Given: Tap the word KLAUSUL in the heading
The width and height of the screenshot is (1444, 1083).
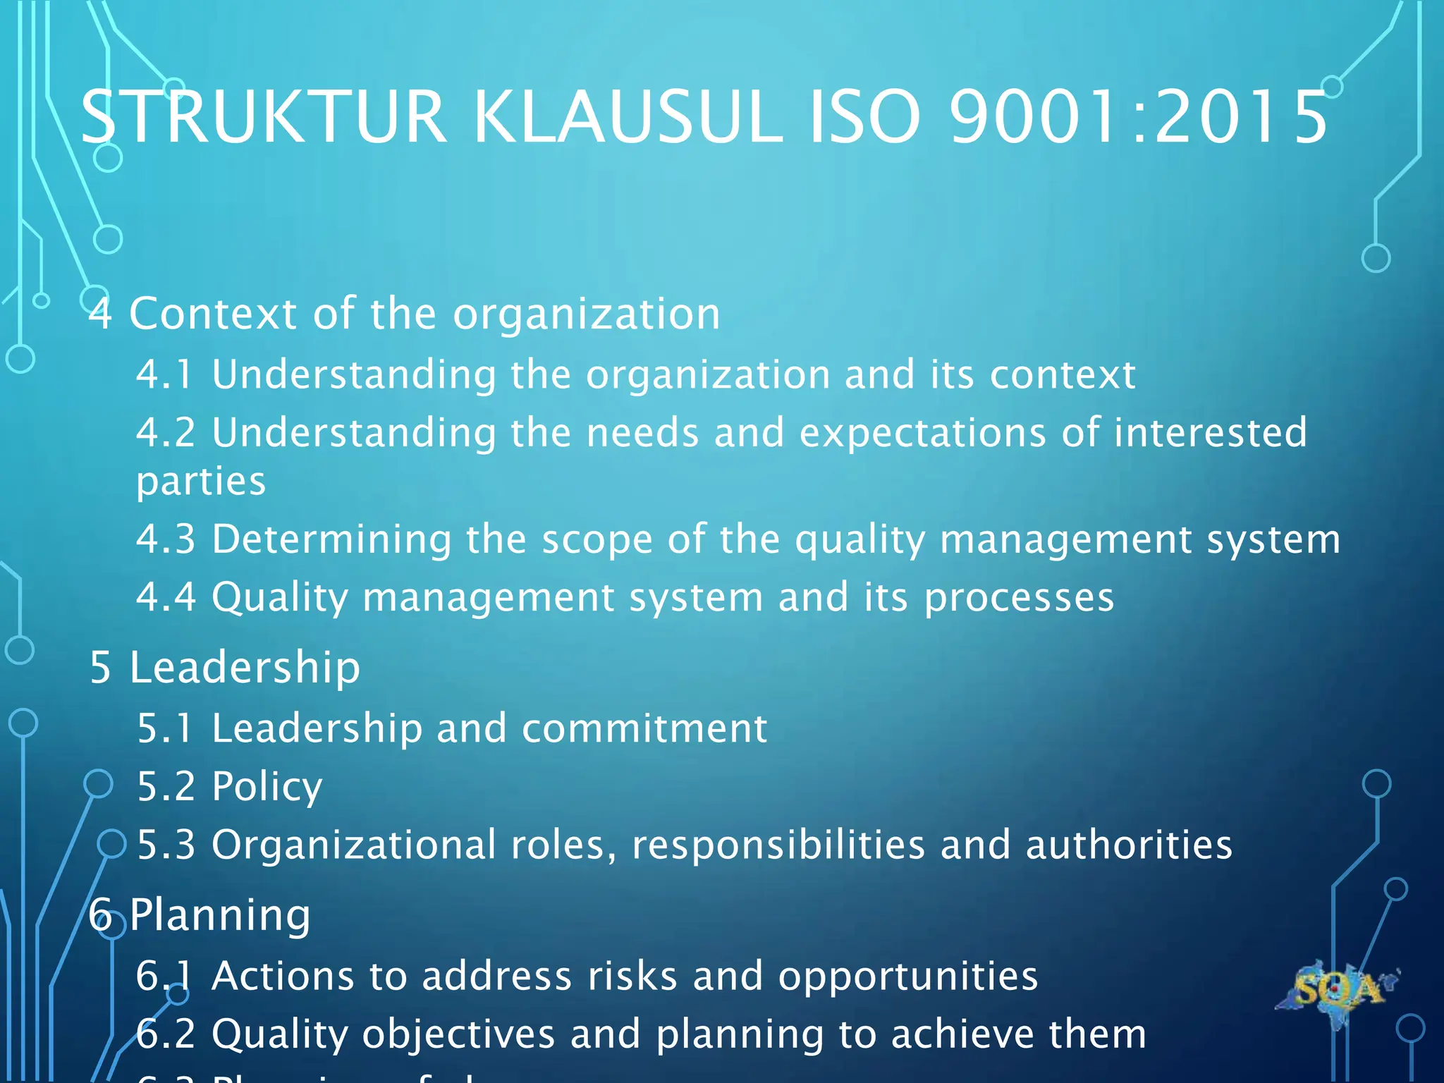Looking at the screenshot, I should [628, 117].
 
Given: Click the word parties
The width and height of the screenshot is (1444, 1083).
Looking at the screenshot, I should [201, 482].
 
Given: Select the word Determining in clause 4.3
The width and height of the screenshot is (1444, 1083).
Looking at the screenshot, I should [331, 539].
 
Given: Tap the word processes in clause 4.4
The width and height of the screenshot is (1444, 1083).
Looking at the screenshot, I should [1019, 598].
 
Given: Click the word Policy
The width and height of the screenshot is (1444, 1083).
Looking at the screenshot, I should [267, 787].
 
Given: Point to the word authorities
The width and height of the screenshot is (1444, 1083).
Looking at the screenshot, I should [1129, 845].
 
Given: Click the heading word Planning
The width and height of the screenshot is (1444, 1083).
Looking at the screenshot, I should [219, 915].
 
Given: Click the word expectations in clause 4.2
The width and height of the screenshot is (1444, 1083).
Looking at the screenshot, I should [923, 432].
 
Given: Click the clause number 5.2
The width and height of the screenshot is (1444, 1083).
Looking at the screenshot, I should [166, 787].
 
